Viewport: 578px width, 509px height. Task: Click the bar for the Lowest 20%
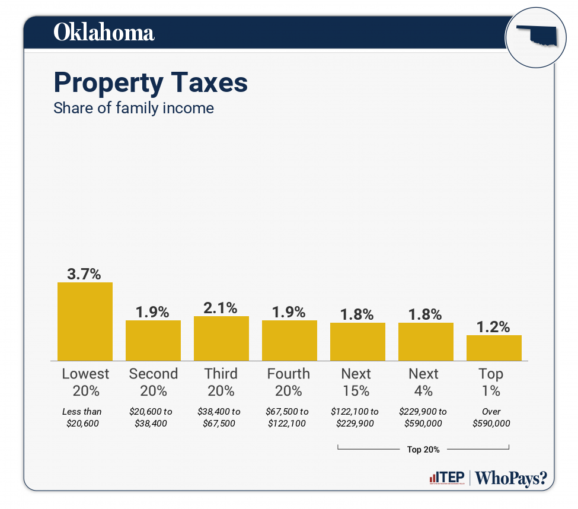(x=85, y=321)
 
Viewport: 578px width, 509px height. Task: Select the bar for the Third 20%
(x=221, y=338)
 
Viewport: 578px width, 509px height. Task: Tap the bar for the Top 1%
(x=494, y=348)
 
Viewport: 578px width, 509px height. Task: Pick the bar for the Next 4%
(x=426, y=341)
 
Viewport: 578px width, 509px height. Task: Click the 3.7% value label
(x=84, y=274)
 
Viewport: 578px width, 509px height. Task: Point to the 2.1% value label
(x=221, y=308)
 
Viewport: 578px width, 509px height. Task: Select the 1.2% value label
(x=494, y=327)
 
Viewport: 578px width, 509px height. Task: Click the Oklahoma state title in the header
(x=104, y=33)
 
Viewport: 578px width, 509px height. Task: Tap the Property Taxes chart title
(x=151, y=82)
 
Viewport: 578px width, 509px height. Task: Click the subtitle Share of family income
(x=133, y=109)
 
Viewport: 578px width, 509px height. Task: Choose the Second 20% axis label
(x=153, y=382)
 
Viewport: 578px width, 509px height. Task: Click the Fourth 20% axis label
(x=289, y=382)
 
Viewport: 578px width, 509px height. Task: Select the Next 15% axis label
(x=356, y=382)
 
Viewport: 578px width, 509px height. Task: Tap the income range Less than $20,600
(x=82, y=417)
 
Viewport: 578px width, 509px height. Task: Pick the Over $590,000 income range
(x=491, y=417)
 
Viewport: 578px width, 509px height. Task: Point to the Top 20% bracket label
(x=423, y=450)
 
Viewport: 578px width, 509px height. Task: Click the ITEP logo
(x=445, y=478)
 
